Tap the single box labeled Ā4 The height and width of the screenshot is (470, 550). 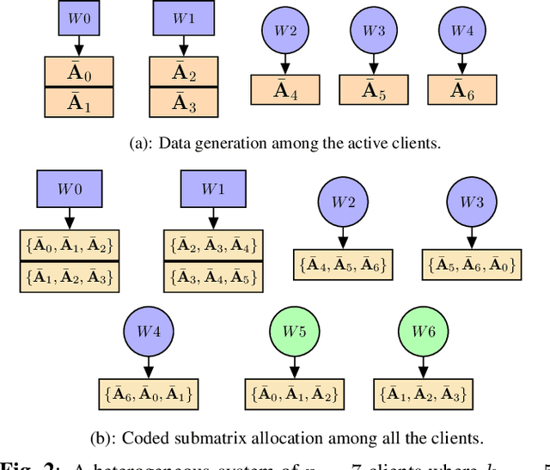pyautogui.click(x=285, y=89)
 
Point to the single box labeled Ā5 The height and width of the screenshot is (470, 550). pyautogui.click(x=374, y=89)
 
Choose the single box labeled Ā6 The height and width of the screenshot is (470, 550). pyautogui.click(x=462, y=89)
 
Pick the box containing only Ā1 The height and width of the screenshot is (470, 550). pyautogui.click(x=78, y=102)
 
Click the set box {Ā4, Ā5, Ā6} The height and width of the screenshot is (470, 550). pyautogui.click(x=342, y=265)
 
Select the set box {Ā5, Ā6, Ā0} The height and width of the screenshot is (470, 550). pyautogui.click(x=471, y=265)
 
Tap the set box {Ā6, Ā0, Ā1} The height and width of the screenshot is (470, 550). pyautogui.click(x=150, y=394)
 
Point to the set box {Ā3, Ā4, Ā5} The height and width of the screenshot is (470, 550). pyautogui.click(x=213, y=278)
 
